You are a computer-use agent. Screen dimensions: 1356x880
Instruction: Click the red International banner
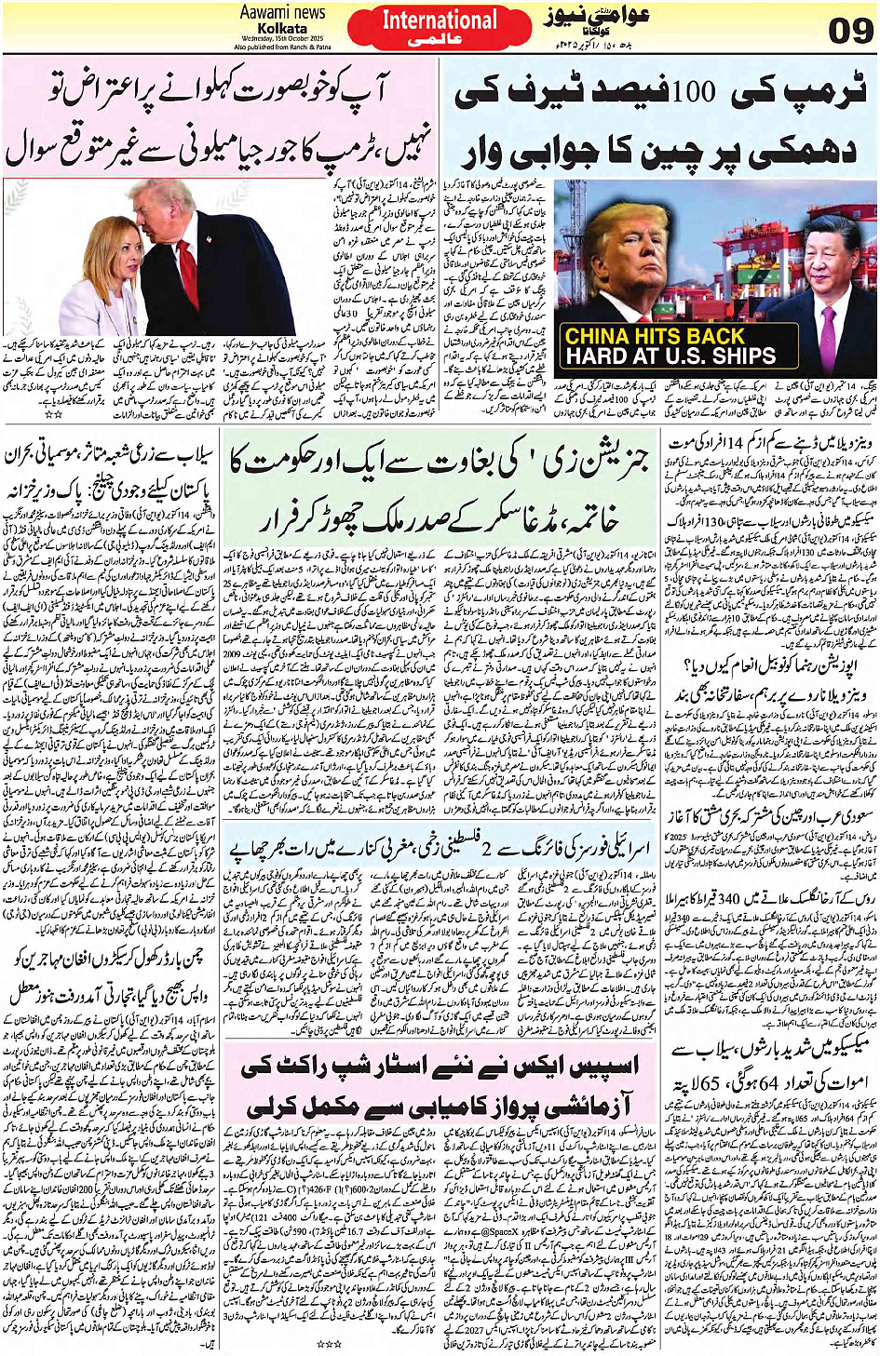coord(440,28)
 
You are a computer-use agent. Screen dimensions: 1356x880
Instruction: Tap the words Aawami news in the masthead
coord(282,13)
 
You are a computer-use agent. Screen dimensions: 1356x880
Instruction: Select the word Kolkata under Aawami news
coord(282,28)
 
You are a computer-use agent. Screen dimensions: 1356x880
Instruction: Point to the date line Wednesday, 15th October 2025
coord(282,39)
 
